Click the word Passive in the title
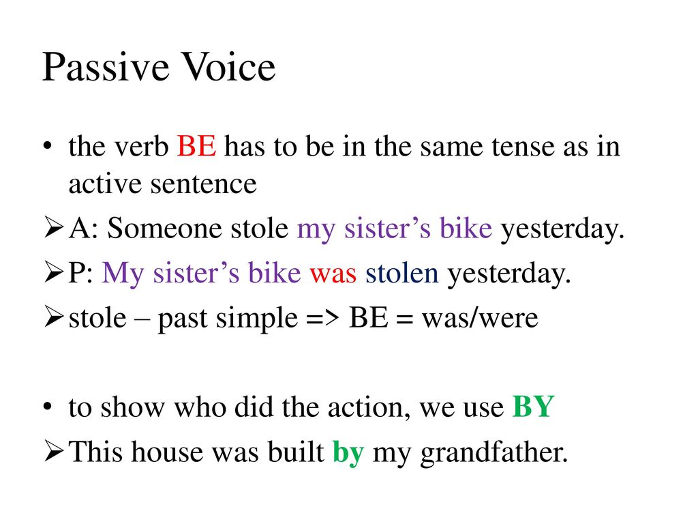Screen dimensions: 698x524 (x=106, y=67)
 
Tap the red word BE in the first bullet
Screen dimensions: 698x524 (x=197, y=146)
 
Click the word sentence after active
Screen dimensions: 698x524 (x=203, y=184)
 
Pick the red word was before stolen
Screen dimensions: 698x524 (x=333, y=274)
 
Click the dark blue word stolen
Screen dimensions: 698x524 (x=402, y=273)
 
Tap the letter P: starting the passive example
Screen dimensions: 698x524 (x=80, y=273)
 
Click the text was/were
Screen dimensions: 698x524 (x=480, y=318)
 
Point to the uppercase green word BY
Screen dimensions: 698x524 (x=533, y=407)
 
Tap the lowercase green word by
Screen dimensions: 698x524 (x=348, y=453)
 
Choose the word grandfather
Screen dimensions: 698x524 (x=494, y=452)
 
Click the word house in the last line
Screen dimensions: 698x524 (x=168, y=452)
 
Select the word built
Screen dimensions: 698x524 (x=296, y=452)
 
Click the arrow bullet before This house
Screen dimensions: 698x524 (x=53, y=452)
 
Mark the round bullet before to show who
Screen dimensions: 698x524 (x=48, y=407)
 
